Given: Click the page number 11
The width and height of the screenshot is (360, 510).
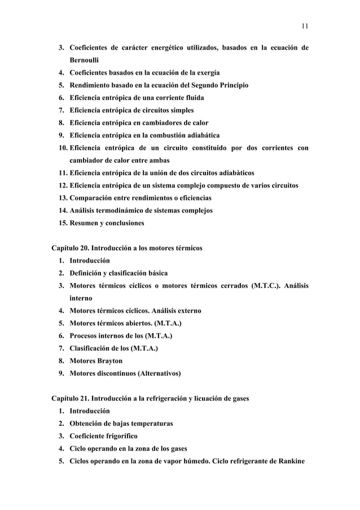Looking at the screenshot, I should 305,25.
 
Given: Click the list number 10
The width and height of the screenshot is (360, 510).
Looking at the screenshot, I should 62,148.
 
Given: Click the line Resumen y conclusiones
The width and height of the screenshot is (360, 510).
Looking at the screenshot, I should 107,223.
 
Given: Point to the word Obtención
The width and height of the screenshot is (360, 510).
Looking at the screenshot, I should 90,423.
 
